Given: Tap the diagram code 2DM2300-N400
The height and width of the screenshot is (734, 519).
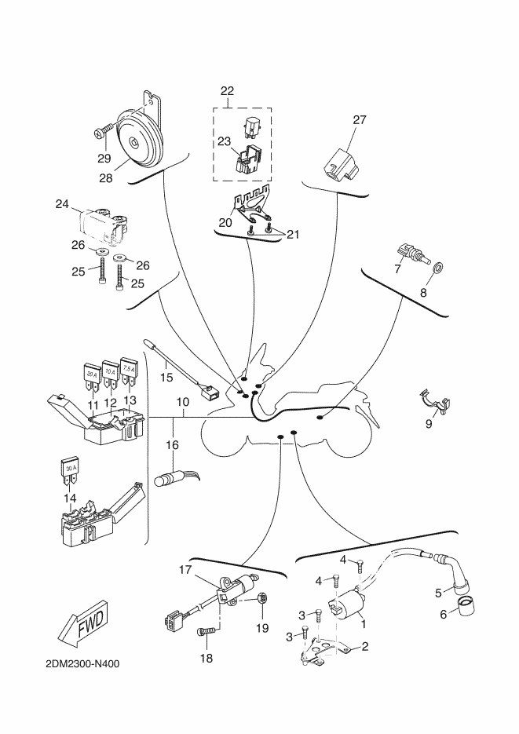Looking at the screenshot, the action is click(x=82, y=664).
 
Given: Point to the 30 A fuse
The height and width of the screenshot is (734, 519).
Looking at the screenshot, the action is click(x=70, y=473).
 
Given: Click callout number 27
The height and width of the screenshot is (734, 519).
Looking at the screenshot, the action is click(x=360, y=120).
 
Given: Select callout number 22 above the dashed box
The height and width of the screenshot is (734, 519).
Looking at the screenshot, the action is click(x=227, y=91).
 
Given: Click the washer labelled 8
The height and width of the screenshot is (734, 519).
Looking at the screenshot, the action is click(x=439, y=268).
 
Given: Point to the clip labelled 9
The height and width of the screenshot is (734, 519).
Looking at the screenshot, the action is click(x=435, y=402).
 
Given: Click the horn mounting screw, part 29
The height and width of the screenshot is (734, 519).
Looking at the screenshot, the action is click(x=104, y=130).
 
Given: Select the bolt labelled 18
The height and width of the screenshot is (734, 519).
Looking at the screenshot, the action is click(x=206, y=633).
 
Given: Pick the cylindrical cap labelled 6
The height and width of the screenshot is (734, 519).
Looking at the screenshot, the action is click(x=464, y=606).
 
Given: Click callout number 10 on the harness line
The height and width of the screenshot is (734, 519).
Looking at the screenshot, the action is click(x=183, y=401).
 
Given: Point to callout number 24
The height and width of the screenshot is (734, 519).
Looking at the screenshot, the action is click(x=62, y=204).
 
